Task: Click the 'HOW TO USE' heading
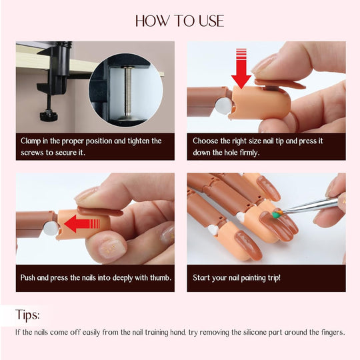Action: [179, 21]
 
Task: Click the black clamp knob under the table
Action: [47, 117]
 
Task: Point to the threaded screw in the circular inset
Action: [125, 93]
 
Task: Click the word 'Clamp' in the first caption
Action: [32, 141]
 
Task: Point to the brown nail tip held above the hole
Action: [280, 83]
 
